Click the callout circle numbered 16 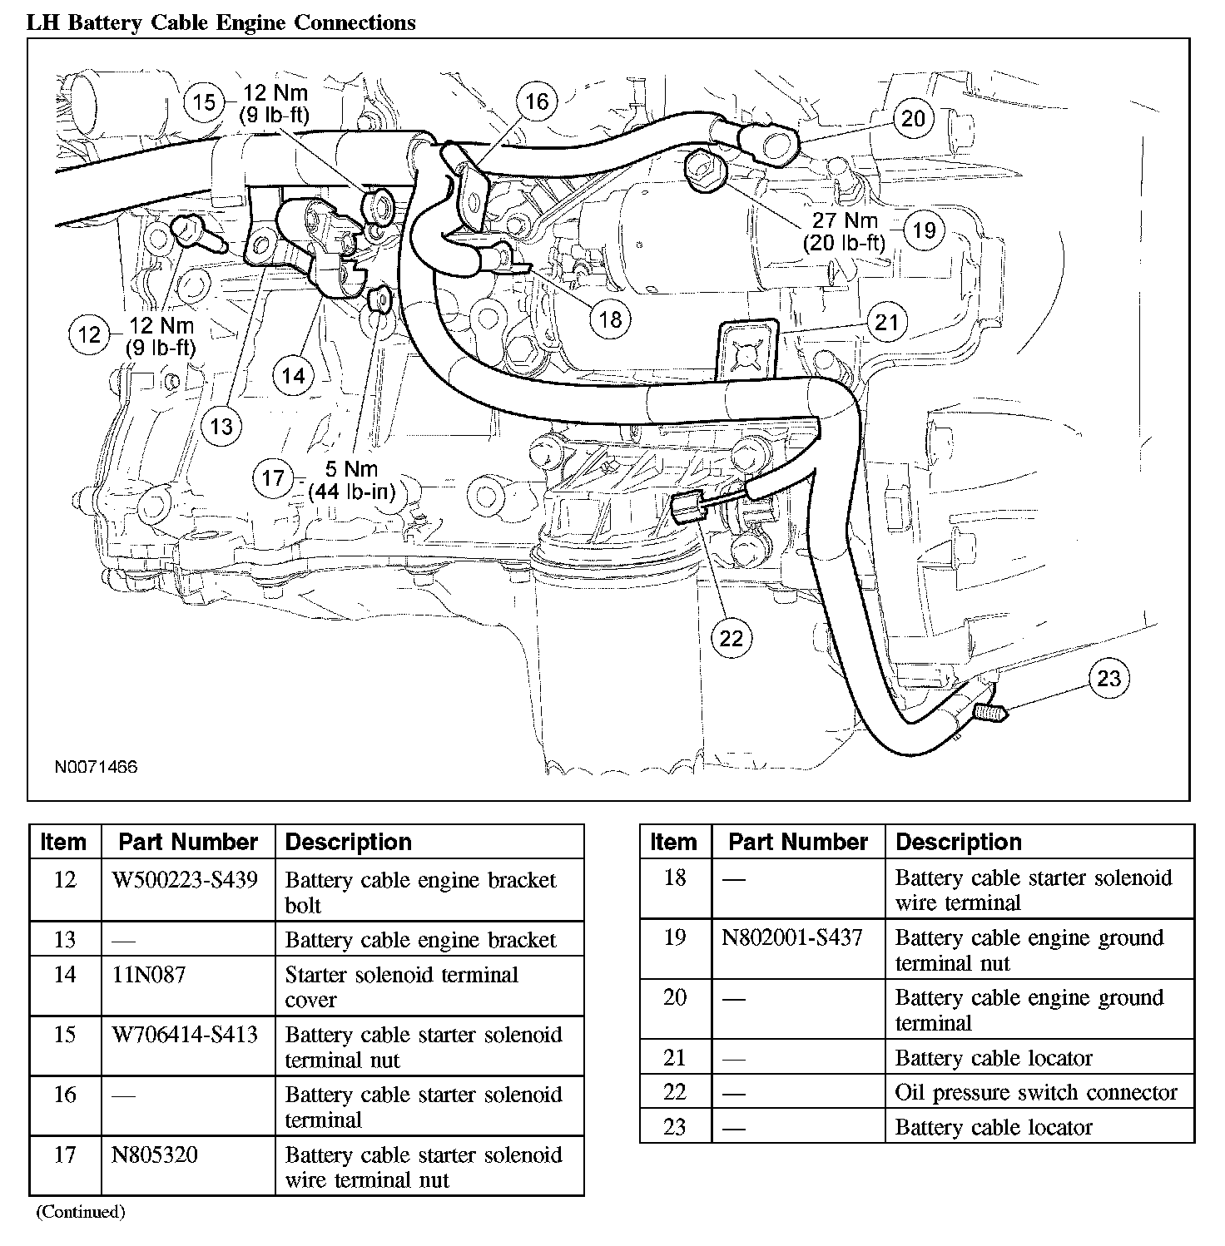click(x=537, y=101)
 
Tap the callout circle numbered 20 click(x=913, y=119)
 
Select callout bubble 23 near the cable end click(x=1108, y=679)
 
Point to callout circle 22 click(x=730, y=638)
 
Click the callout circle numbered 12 click(x=89, y=335)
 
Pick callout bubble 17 click(x=273, y=478)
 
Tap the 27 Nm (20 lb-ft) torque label click(x=844, y=231)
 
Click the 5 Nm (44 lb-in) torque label click(x=352, y=480)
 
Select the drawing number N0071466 click(x=96, y=767)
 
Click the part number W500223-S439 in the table click(x=185, y=879)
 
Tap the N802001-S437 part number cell click(x=792, y=937)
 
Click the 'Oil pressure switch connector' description click(x=1036, y=1092)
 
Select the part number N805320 click(x=155, y=1155)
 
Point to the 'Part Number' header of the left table click(x=188, y=842)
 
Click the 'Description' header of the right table click(x=959, y=842)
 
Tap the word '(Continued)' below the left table click(x=80, y=1212)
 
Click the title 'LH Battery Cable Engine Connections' click(x=221, y=22)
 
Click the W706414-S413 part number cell click(x=185, y=1035)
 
